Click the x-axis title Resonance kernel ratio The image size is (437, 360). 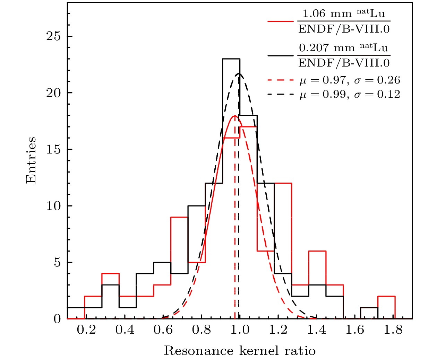(240, 351)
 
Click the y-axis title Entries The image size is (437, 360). (31, 160)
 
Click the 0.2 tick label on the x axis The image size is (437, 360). (86, 330)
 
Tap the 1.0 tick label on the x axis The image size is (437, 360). (239, 330)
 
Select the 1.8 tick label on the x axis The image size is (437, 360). (393, 330)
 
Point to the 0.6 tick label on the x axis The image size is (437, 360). (163, 330)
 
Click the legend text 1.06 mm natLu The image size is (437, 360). (344, 14)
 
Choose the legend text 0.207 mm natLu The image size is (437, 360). (344, 47)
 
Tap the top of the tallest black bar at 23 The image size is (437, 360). (231, 59)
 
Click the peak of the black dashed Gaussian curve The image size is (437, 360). (239, 73)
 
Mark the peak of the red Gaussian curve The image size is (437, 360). (235, 116)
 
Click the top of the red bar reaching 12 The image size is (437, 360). (283, 183)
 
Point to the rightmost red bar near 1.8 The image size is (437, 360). (386, 297)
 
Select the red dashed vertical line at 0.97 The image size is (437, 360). (235, 225)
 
